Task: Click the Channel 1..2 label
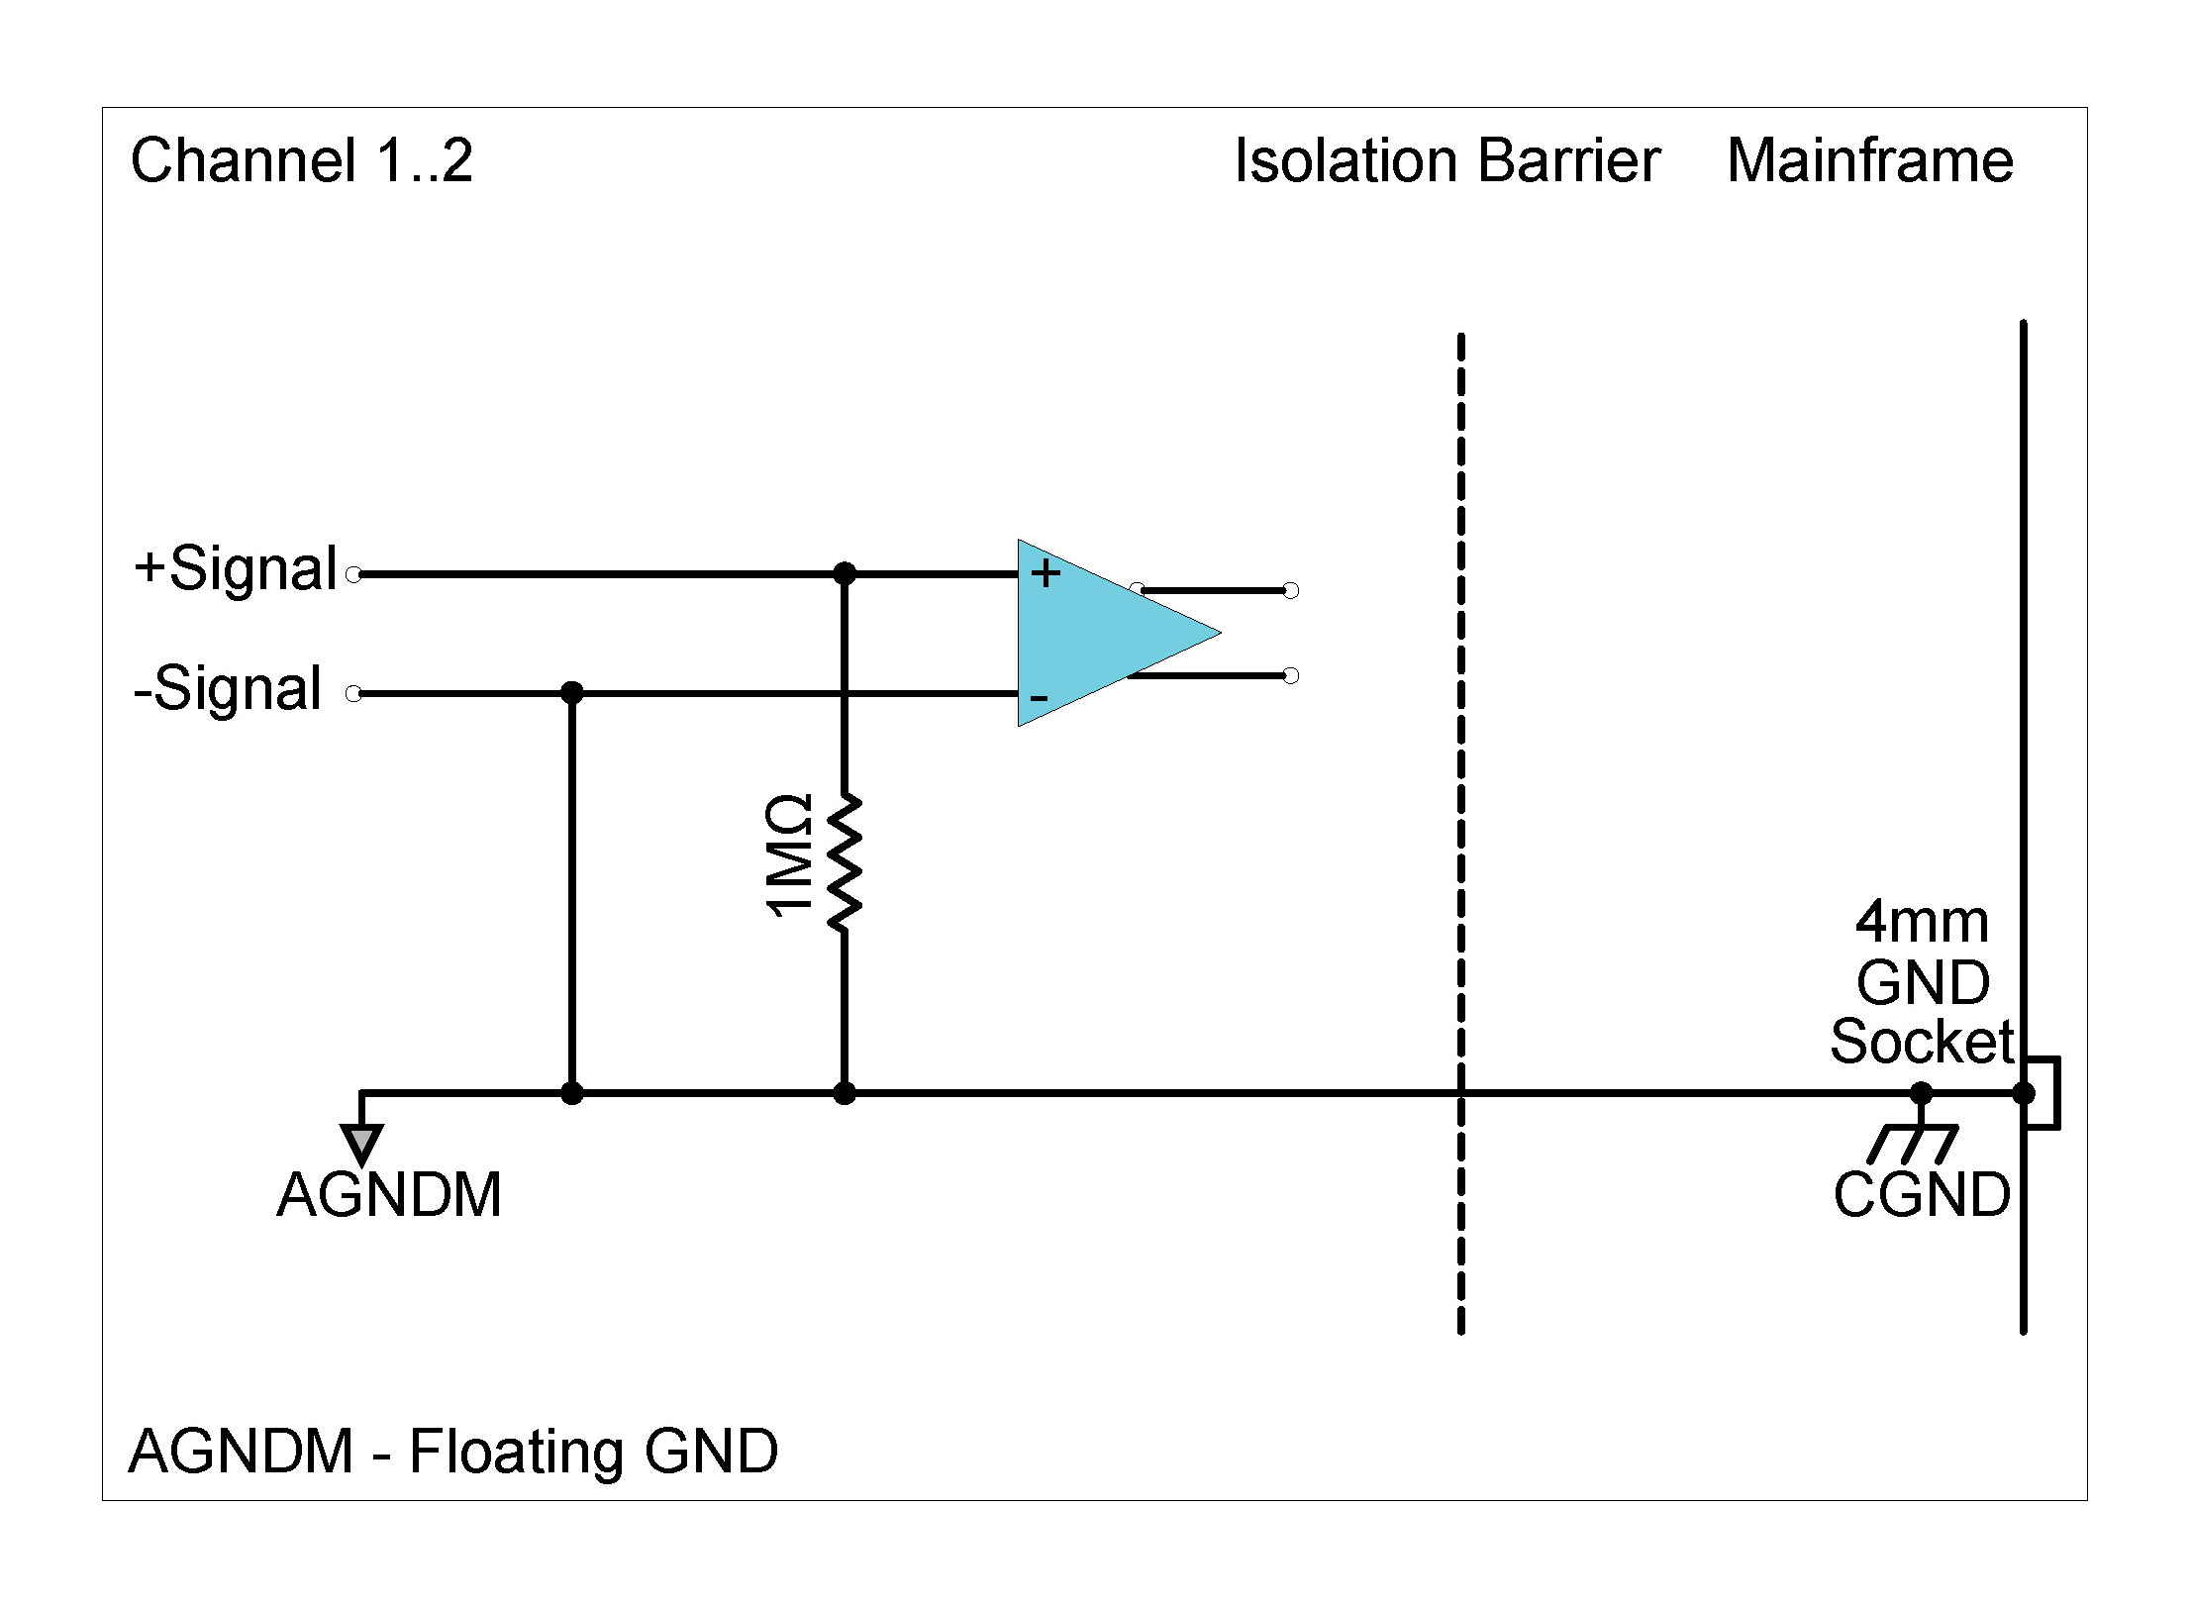point(301,160)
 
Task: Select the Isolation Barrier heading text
point(1446,160)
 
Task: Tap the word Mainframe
point(1869,160)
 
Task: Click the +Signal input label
point(237,569)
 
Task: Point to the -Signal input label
point(229,689)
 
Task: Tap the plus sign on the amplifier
point(1046,572)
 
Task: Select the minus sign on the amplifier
point(1039,698)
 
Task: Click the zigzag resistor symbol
point(845,861)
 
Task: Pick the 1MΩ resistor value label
point(791,856)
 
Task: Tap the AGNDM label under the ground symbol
point(389,1195)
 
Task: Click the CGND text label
point(1921,1195)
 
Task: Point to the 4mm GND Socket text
point(1921,982)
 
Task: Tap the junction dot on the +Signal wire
point(845,573)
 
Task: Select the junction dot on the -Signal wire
point(571,693)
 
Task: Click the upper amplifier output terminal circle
point(1290,591)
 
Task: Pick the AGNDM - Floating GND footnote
point(453,1452)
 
